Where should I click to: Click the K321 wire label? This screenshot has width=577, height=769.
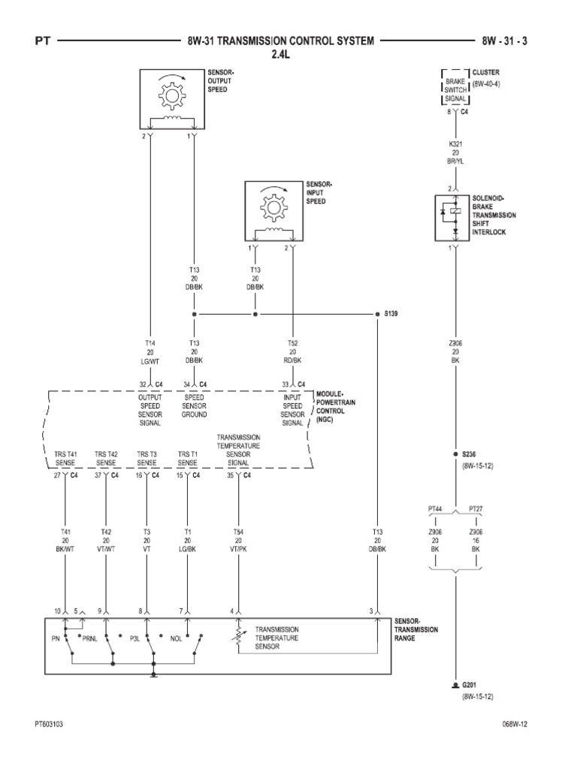455,143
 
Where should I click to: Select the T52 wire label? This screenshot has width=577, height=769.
292,342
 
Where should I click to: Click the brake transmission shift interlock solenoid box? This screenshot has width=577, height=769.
455,217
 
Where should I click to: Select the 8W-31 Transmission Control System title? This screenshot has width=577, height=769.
279,41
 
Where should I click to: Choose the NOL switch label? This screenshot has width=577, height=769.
176,639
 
